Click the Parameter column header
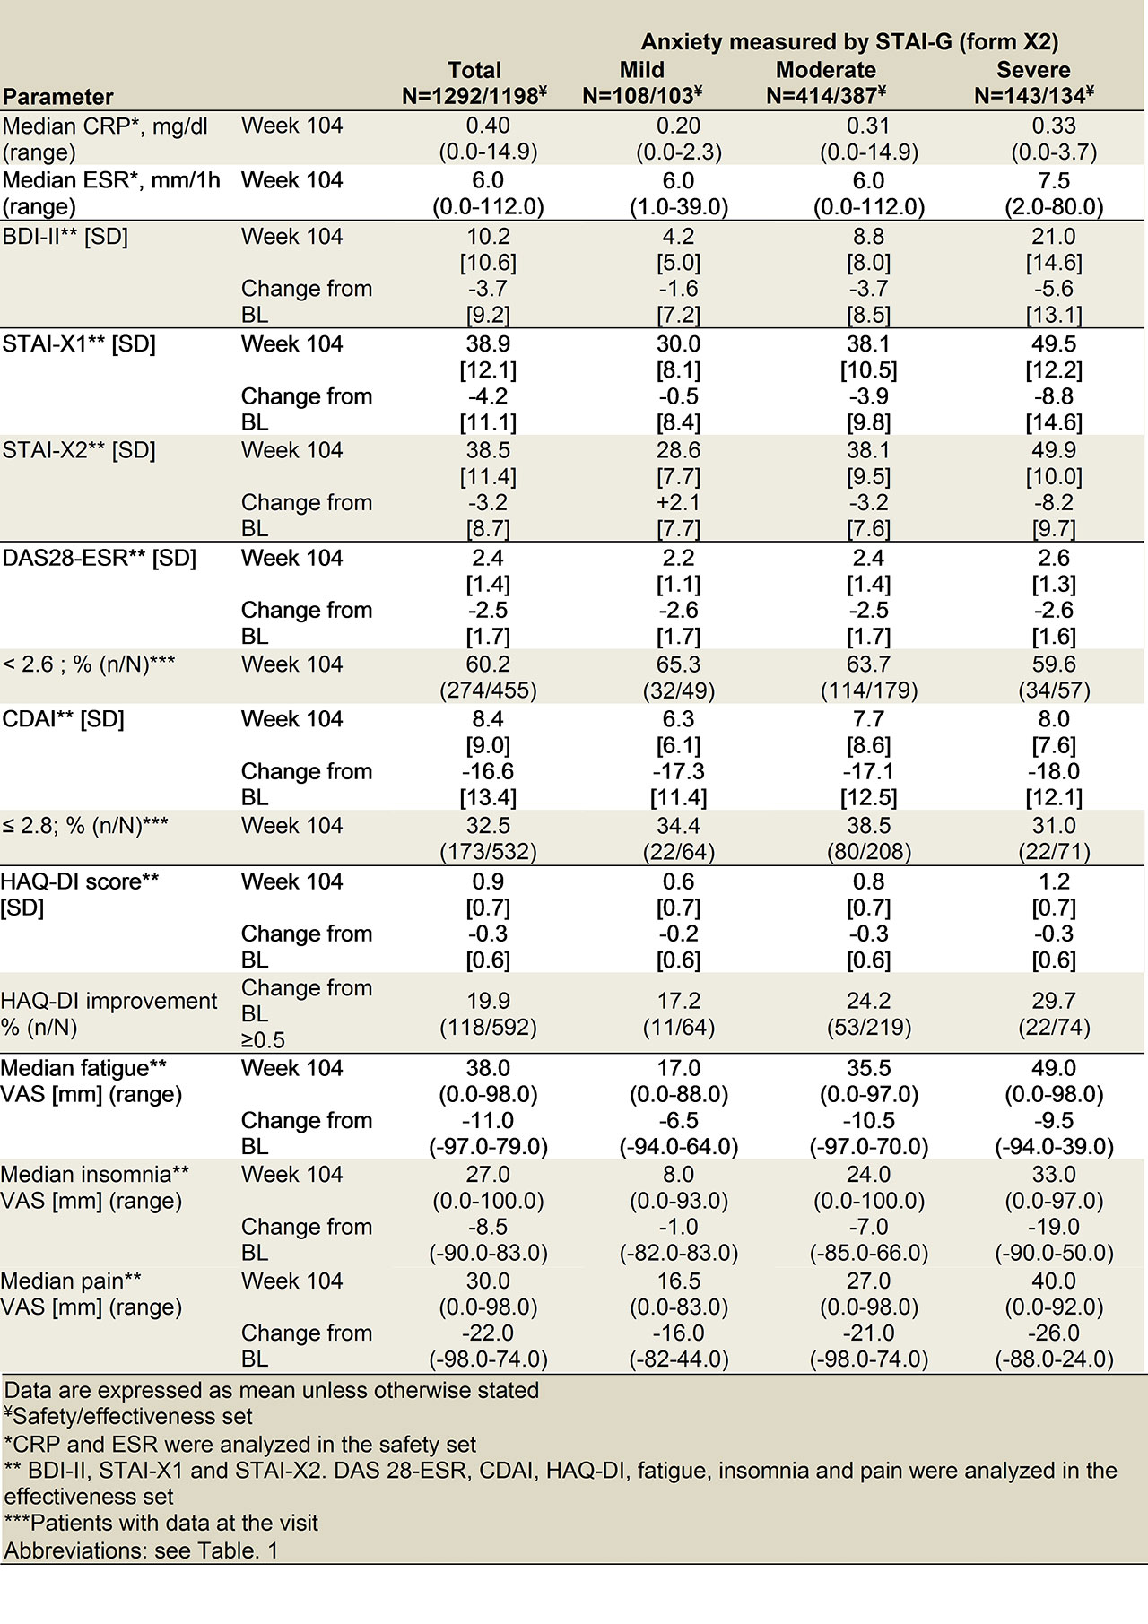[x=58, y=97]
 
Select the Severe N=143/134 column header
[x=1033, y=83]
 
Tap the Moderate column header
[x=825, y=70]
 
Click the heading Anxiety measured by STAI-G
[x=849, y=41]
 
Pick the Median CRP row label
[x=105, y=126]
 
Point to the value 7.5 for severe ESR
[x=1054, y=180]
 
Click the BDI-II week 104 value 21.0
[x=1054, y=237]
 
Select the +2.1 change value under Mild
[x=678, y=502]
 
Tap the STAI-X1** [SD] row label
[x=79, y=344]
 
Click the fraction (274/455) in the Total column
[x=488, y=690]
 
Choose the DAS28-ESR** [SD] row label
[x=99, y=558]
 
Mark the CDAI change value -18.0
[x=1054, y=771]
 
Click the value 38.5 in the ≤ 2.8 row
[x=868, y=825]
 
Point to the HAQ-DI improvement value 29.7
[x=1054, y=1001]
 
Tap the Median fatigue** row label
[x=83, y=1068]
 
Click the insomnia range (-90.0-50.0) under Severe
[x=1054, y=1253]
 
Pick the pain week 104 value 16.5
[x=678, y=1281]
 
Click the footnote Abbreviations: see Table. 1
[x=141, y=1550]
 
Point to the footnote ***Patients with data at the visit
[x=161, y=1523]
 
